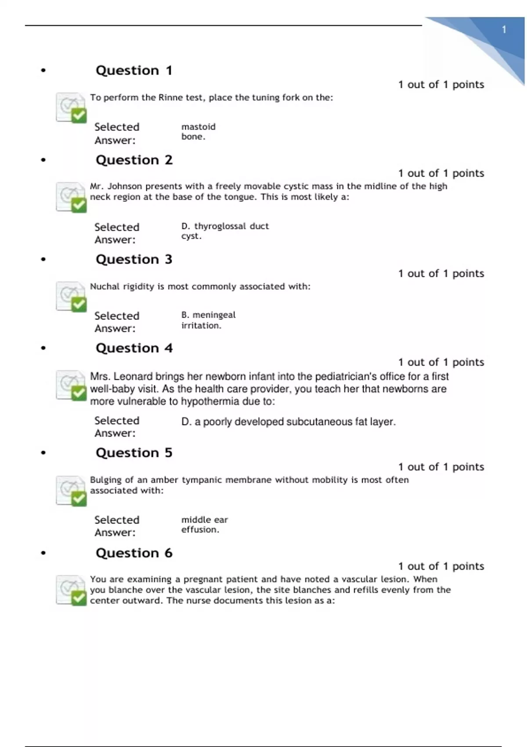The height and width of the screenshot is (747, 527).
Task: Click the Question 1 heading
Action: tap(134, 70)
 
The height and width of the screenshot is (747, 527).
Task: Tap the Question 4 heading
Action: tap(134, 348)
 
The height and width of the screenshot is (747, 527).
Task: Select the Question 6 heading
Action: tap(134, 553)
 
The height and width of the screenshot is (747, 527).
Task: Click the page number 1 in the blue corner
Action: tap(504, 30)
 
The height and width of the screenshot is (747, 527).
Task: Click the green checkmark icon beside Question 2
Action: tap(79, 205)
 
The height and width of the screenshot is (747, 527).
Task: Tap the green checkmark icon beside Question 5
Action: tap(79, 498)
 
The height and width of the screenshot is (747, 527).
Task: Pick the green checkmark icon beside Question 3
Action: tap(79, 304)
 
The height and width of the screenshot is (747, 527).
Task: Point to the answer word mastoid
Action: tap(199, 127)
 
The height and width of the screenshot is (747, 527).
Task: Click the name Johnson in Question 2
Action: tap(125, 186)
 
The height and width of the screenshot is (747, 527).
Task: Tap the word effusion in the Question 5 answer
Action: tap(199, 529)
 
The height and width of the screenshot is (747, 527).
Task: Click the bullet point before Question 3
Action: tap(43, 260)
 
